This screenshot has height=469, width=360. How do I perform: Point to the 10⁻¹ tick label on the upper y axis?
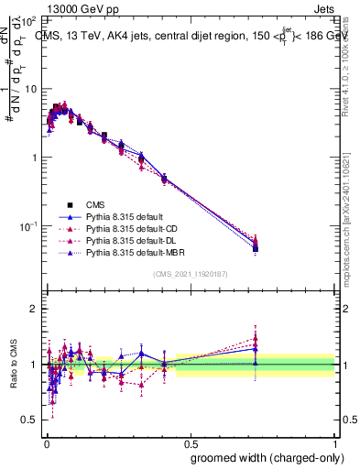[x=27, y=226]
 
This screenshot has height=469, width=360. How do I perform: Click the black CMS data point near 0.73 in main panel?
[x=256, y=247]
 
